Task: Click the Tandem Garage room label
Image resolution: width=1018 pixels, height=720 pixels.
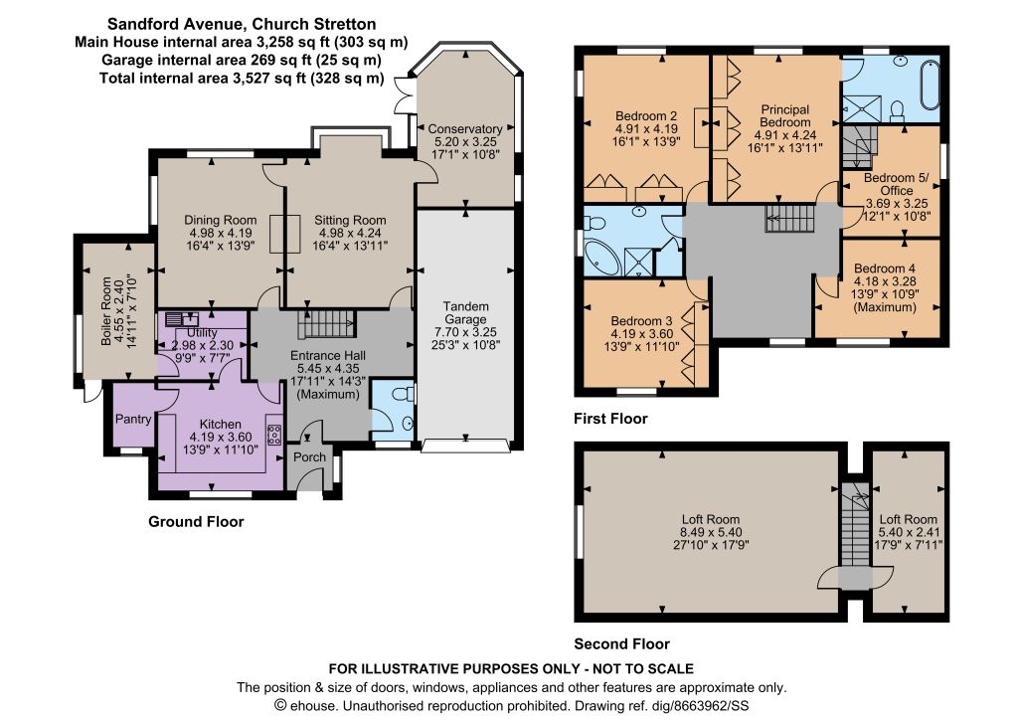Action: (465, 312)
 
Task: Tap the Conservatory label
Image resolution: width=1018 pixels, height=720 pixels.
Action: (465, 129)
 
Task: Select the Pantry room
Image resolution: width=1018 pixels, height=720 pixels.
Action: (133, 415)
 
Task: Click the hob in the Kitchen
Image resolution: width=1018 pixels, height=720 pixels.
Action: (274, 435)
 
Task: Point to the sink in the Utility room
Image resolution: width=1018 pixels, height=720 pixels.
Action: (182, 319)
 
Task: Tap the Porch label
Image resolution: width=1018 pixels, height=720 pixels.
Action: (310, 457)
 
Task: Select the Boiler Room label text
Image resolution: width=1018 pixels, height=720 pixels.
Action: (106, 311)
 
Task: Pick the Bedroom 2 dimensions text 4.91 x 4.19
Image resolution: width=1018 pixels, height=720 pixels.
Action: (646, 128)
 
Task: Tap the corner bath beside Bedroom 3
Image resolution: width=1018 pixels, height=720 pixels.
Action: (601, 258)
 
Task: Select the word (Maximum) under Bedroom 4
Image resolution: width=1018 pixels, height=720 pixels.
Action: (885, 307)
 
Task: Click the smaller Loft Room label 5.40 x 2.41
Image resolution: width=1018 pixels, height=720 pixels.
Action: (908, 532)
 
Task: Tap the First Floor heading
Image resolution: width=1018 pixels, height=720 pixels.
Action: (610, 419)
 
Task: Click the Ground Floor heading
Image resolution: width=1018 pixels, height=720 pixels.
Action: (196, 522)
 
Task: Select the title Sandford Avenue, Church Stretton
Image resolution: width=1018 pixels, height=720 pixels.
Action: (242, 24)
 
